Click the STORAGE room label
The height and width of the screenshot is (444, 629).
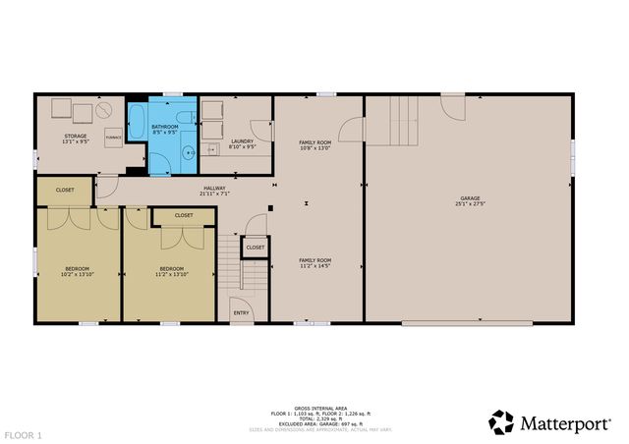76,137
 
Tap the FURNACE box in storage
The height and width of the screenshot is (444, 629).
114,138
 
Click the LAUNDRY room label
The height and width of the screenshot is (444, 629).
242,141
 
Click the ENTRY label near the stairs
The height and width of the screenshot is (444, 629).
240,313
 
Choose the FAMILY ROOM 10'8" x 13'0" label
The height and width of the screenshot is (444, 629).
315,148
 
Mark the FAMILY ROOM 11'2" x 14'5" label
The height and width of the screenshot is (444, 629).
315,265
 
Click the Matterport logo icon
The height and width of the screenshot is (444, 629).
501,422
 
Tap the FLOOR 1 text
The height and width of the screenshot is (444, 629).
23,433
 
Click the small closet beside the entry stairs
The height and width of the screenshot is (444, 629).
255,249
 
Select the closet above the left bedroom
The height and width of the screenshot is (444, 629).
65,190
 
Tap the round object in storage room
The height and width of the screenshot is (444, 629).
105,112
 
